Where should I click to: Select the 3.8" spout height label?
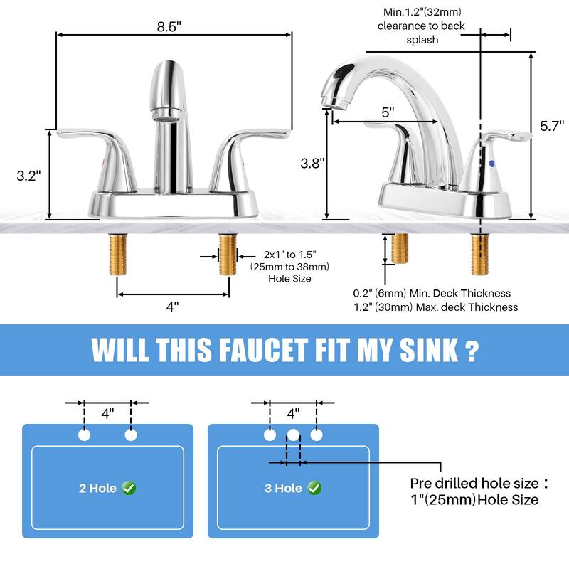(x=312, y=162)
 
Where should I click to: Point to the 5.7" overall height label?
(x=551, y=126)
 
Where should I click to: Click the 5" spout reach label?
(x=388, y=112)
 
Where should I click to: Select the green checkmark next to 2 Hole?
(x=129, y=488)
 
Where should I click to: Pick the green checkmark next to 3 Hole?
(x=314, y=488)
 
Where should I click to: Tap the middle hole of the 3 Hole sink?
(x=293, y=435)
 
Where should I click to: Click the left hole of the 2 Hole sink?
(x=85, y=435)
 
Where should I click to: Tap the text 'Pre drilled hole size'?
(x=472, y=484)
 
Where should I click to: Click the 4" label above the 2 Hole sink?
(x=107, y=413)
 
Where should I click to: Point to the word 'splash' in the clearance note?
(x=422, y=40)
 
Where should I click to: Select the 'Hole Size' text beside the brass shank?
(x=289, y=279)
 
